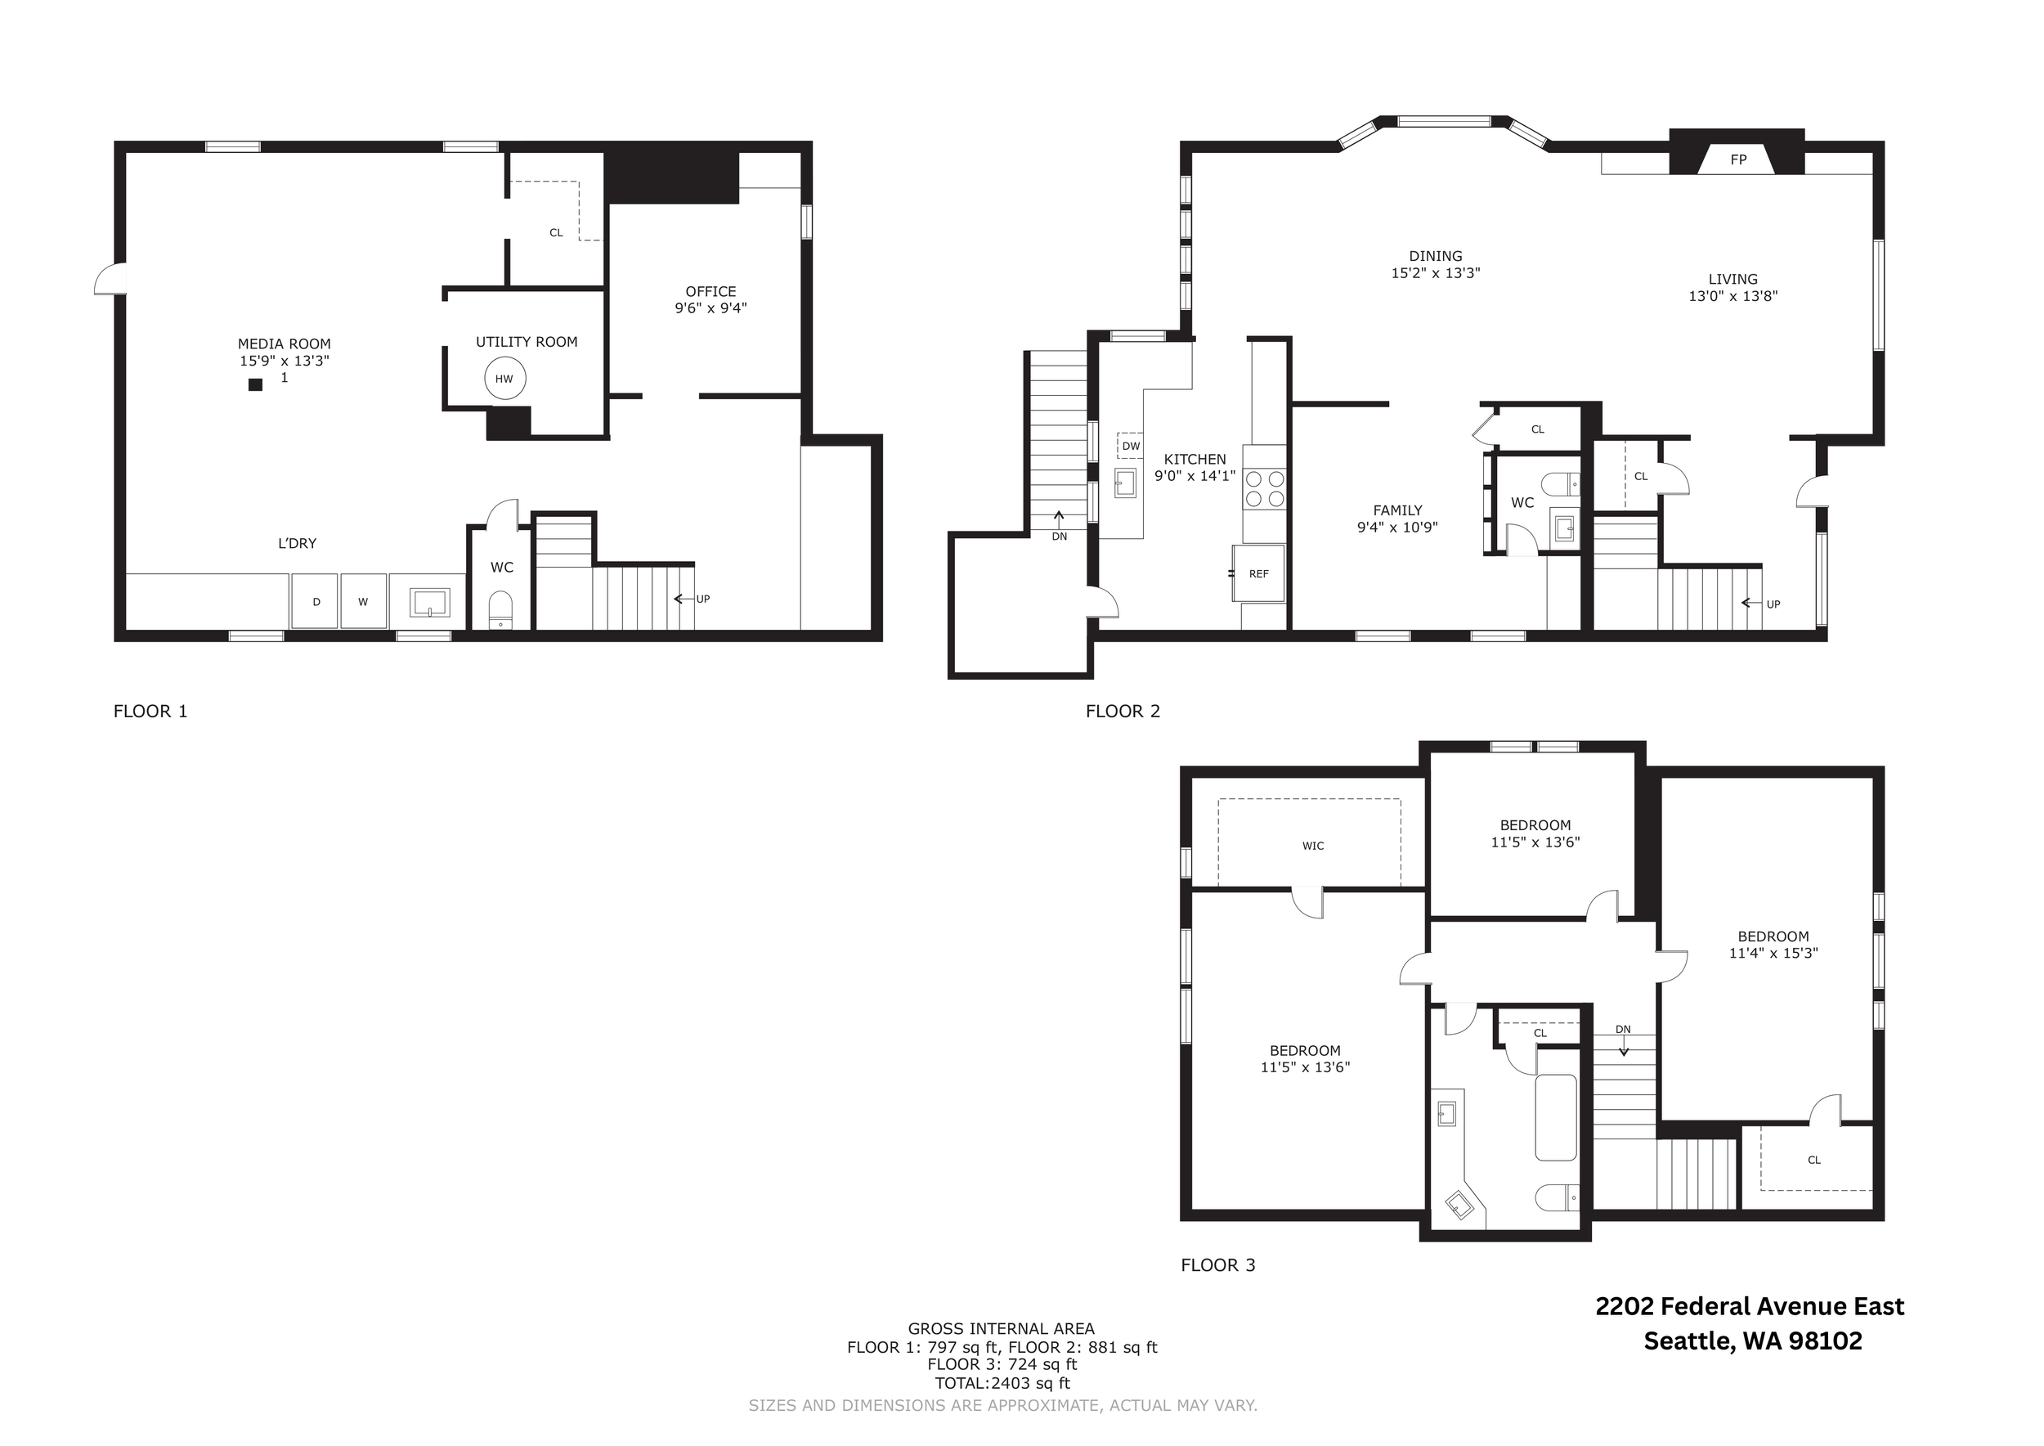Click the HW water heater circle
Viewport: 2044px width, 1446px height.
click(504, 379)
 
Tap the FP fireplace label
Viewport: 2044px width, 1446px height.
click(1737, 160)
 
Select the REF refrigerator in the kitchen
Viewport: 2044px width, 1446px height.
click(1259, 573)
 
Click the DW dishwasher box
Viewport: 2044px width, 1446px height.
click(1131, 446)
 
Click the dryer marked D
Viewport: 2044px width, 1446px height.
click(315, 601)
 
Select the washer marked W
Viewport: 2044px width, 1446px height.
click(363, 601)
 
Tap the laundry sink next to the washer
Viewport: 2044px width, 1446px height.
click(430, 603)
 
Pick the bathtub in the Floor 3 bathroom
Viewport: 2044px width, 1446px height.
click(1556, 1116)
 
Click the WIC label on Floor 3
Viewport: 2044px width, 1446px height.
click(1313, 846)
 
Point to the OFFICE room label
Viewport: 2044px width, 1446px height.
click(710, 291)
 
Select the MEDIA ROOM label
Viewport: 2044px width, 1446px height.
click(284, 344)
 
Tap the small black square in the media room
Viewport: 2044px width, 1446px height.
click(255, 384)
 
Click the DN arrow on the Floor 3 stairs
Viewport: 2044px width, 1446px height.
click(1624, 1049)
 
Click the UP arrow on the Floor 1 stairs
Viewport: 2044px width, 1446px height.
click(684, 599)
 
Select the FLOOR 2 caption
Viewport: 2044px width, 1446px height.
click(1123, 711)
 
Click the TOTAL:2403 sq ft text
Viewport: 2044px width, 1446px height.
click(1002, 1383)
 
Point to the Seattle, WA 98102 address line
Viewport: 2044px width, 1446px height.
click(1752, 1341)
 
